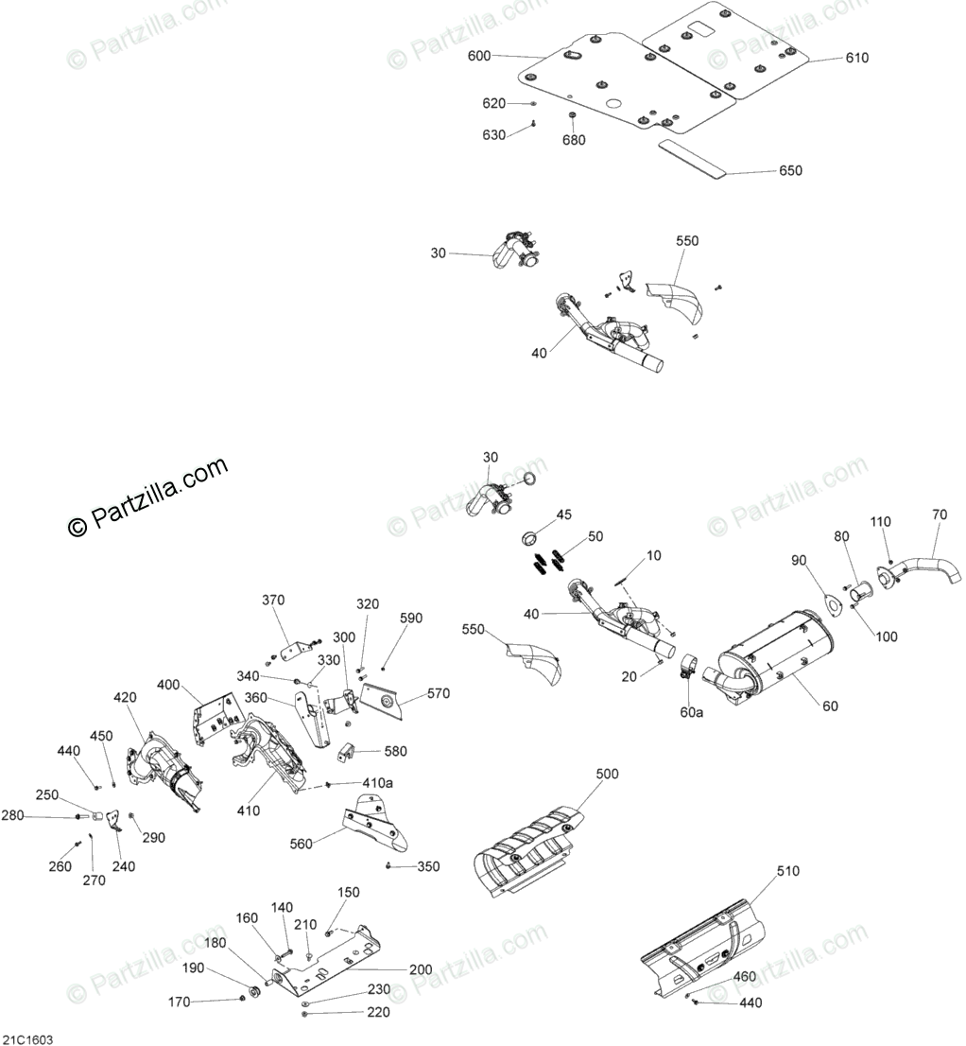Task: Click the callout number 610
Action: point(856,58)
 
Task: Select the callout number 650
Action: point(790,171)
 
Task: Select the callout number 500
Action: point(607,774)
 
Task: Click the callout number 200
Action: point(421,969)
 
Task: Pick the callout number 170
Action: point(179,1002)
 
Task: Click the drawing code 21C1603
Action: point(27,1038)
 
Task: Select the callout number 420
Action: point(125,697)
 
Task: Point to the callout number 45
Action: point(563,514)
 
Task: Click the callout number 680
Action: point(574,140)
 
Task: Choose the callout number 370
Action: point(273,600)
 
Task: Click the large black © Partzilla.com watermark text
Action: point(147,497)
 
